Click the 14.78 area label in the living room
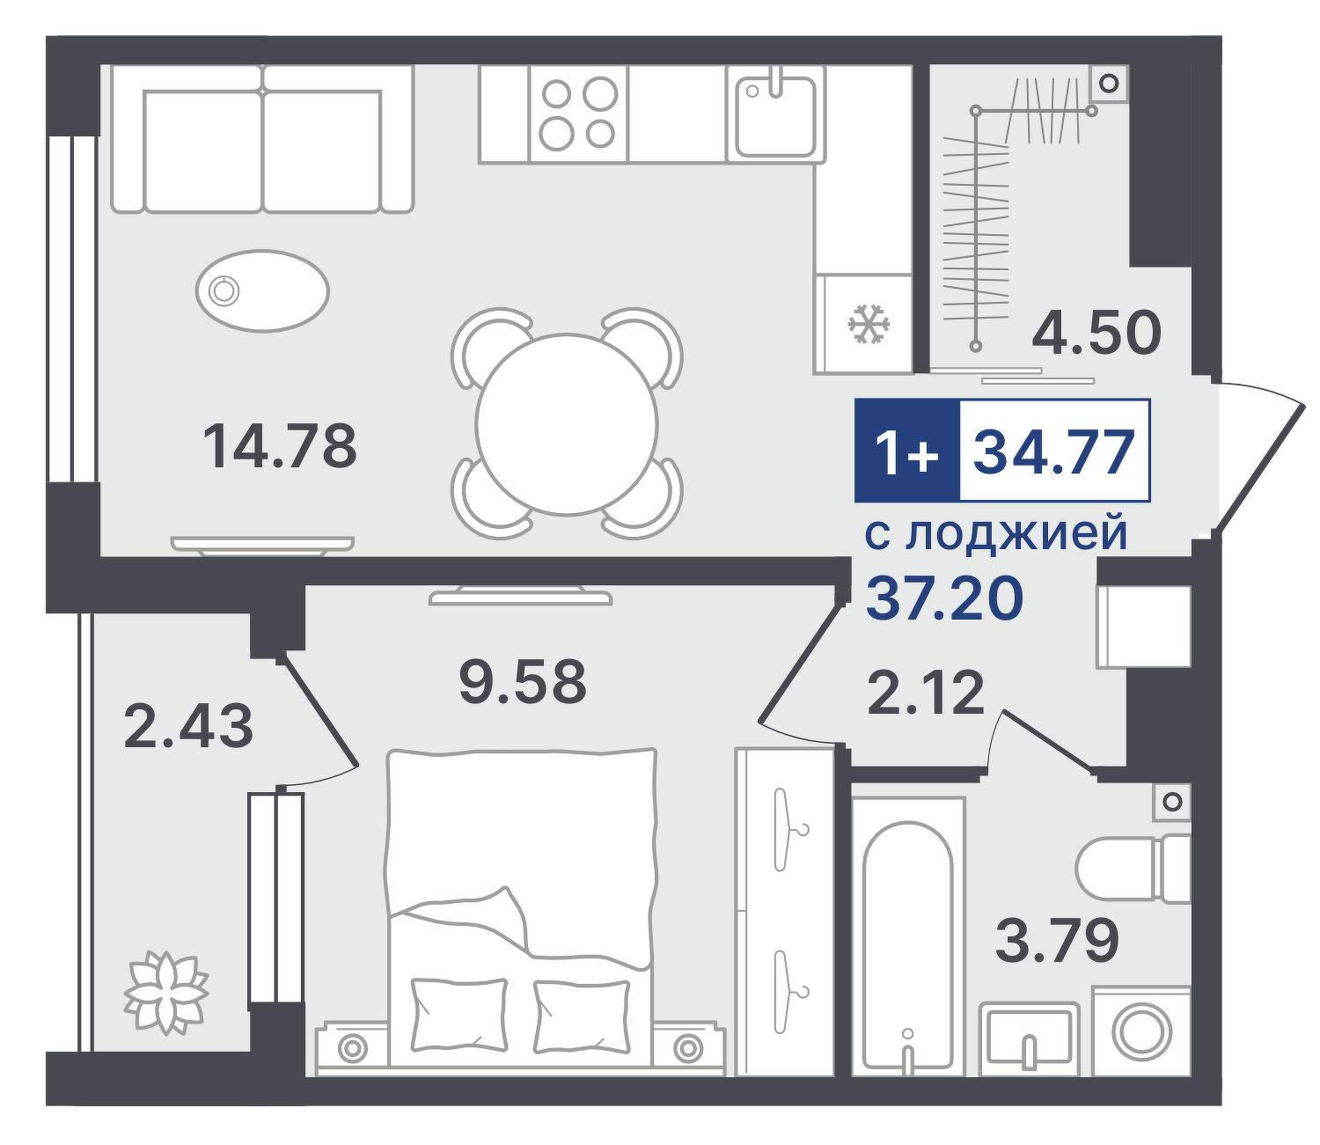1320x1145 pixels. pos(279,445)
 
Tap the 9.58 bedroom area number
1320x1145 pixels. pos(523,680)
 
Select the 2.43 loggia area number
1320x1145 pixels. pos(187,726)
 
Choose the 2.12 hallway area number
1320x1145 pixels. pos(926,692)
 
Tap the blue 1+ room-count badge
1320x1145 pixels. pos(907,451)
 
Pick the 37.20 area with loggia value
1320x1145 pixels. pos(944,598)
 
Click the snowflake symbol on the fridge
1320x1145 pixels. pos(869,322)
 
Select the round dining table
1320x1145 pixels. pos(567,424)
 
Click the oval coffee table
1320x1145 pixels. pos(262,290)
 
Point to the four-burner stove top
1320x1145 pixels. pos(578,114)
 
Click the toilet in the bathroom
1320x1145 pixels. pos(1133,869)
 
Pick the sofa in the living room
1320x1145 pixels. pos(262,139)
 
